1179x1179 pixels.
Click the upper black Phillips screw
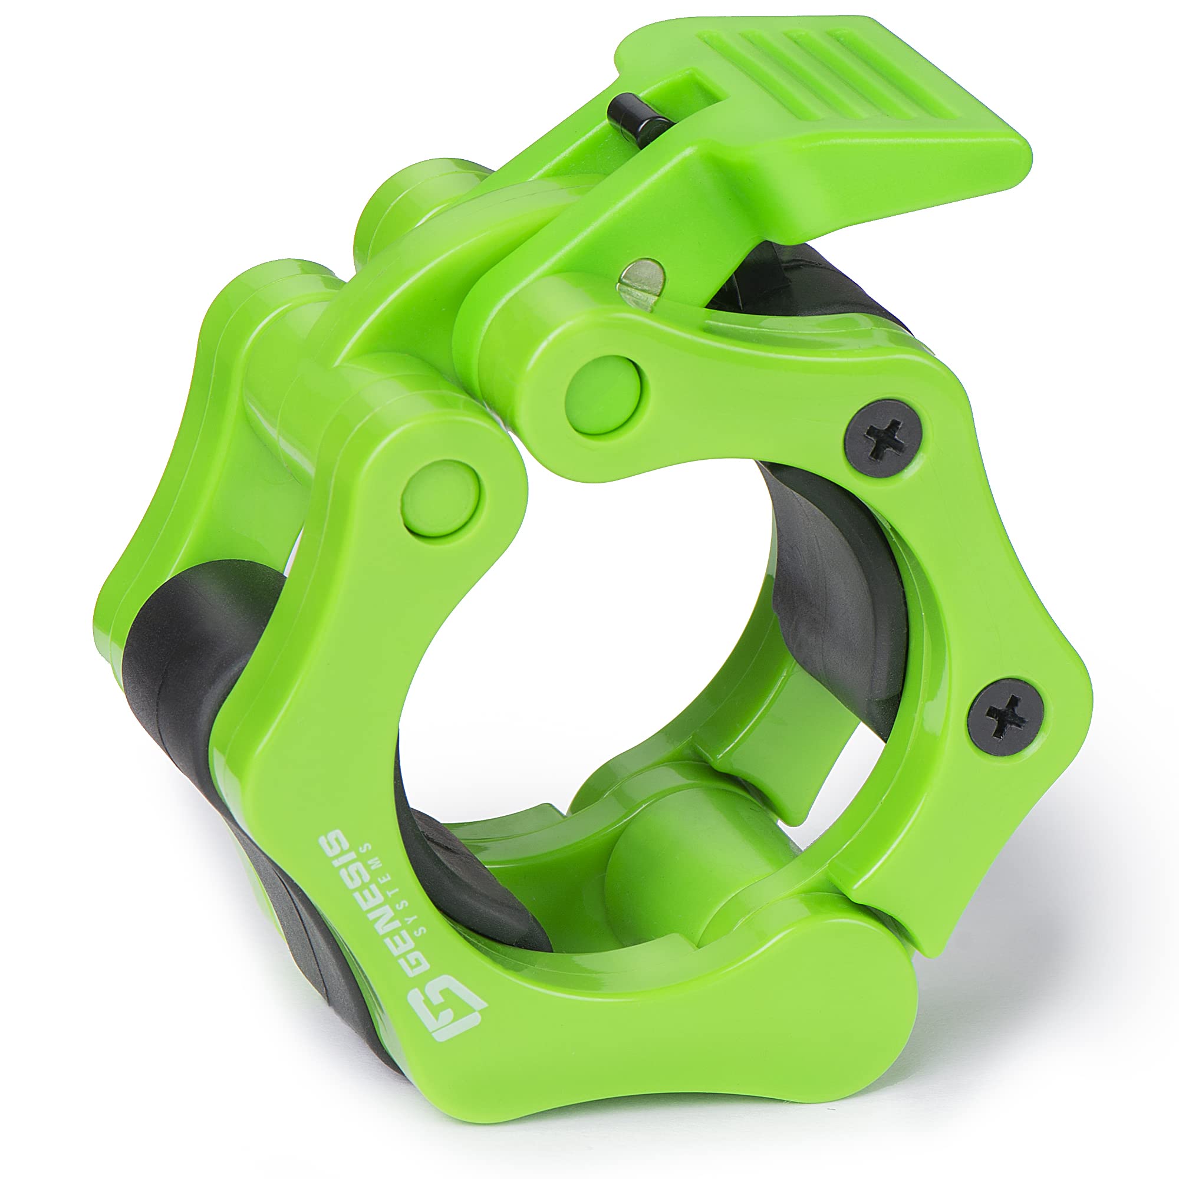pos(883,437)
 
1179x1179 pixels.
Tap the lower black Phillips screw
pos(1006,717)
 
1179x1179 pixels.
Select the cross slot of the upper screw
pos(883,437)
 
